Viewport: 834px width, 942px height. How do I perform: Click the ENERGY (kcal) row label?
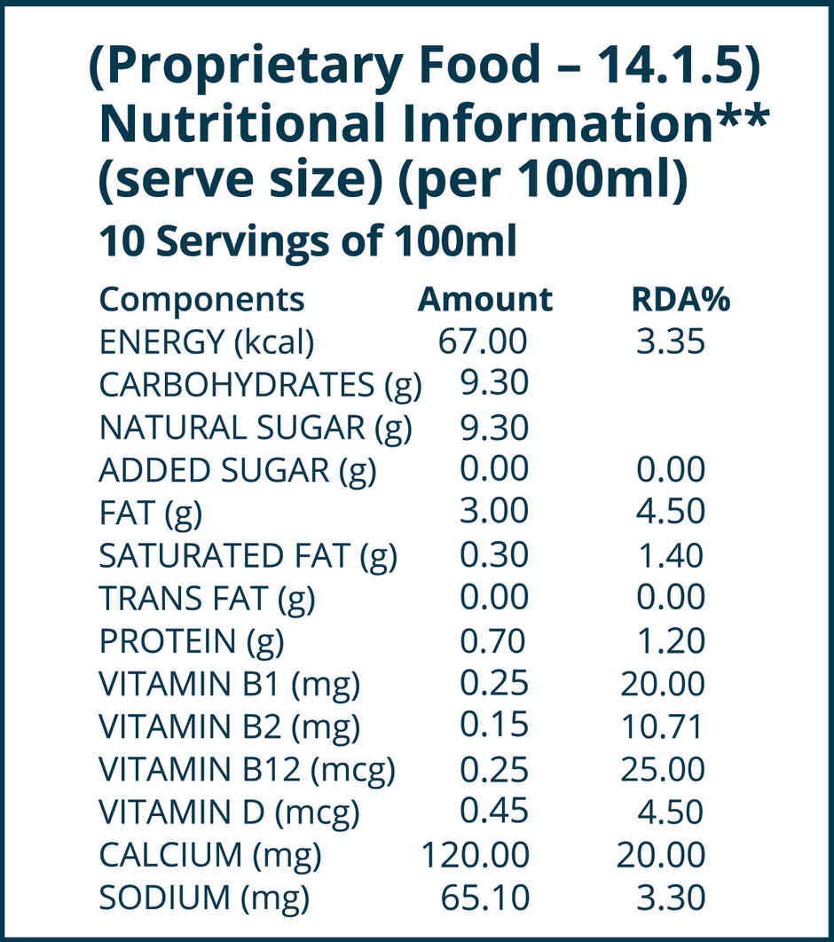206,342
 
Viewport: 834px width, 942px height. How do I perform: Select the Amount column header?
484,300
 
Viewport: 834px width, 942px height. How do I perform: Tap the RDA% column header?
680,300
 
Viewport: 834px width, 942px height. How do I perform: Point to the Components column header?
201,300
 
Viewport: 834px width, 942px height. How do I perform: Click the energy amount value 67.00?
484,341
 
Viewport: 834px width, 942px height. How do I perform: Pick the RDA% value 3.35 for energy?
671,341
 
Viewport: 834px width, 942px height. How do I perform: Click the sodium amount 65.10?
485,898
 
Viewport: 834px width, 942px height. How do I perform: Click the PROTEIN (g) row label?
191,641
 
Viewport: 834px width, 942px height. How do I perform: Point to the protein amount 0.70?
493,640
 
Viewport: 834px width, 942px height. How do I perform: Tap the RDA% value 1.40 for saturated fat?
671,556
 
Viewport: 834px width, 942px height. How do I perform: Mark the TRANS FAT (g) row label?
207,599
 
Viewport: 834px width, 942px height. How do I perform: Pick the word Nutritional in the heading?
241,123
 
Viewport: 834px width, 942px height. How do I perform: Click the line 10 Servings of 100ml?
307,242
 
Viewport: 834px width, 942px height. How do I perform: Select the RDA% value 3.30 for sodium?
671,898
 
